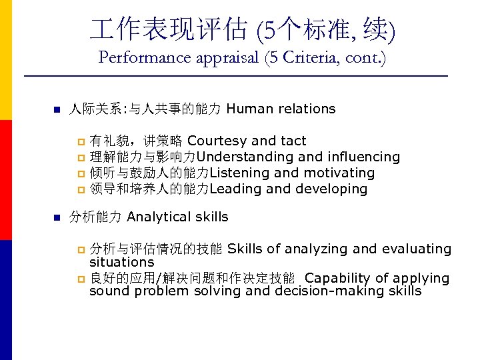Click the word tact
pyautogui.click(x=293, y=141)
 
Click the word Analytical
pyautogui.click(x=158, y=217)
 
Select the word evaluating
pyautogui.click(x=416, y=249)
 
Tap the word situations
pyautogui.click(x=122, y=263)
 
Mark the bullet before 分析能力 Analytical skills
pyautogui.click(x=57, y=217)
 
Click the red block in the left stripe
pyautogui.click(x=6, y=180)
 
